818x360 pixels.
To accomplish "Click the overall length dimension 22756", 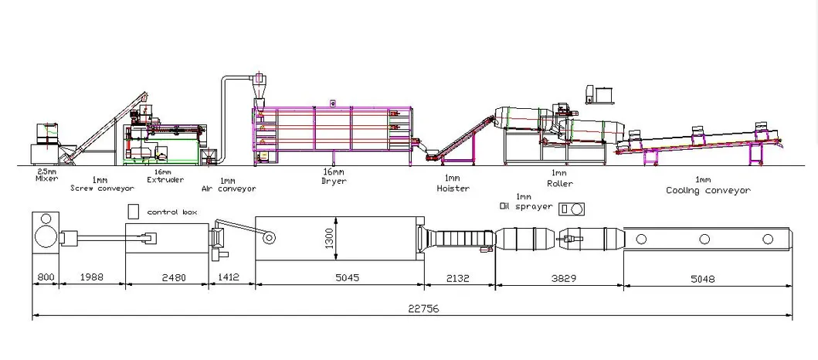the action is click(423, 309).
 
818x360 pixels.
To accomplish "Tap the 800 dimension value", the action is click(46, 278).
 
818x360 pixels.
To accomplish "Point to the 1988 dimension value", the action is click(92, 278).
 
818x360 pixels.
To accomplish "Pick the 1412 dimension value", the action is click(229, 278).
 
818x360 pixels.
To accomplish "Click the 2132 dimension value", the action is click(457, 279).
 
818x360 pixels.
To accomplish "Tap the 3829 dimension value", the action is click(564, 279).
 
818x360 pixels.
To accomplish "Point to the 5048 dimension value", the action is click(703, 279).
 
